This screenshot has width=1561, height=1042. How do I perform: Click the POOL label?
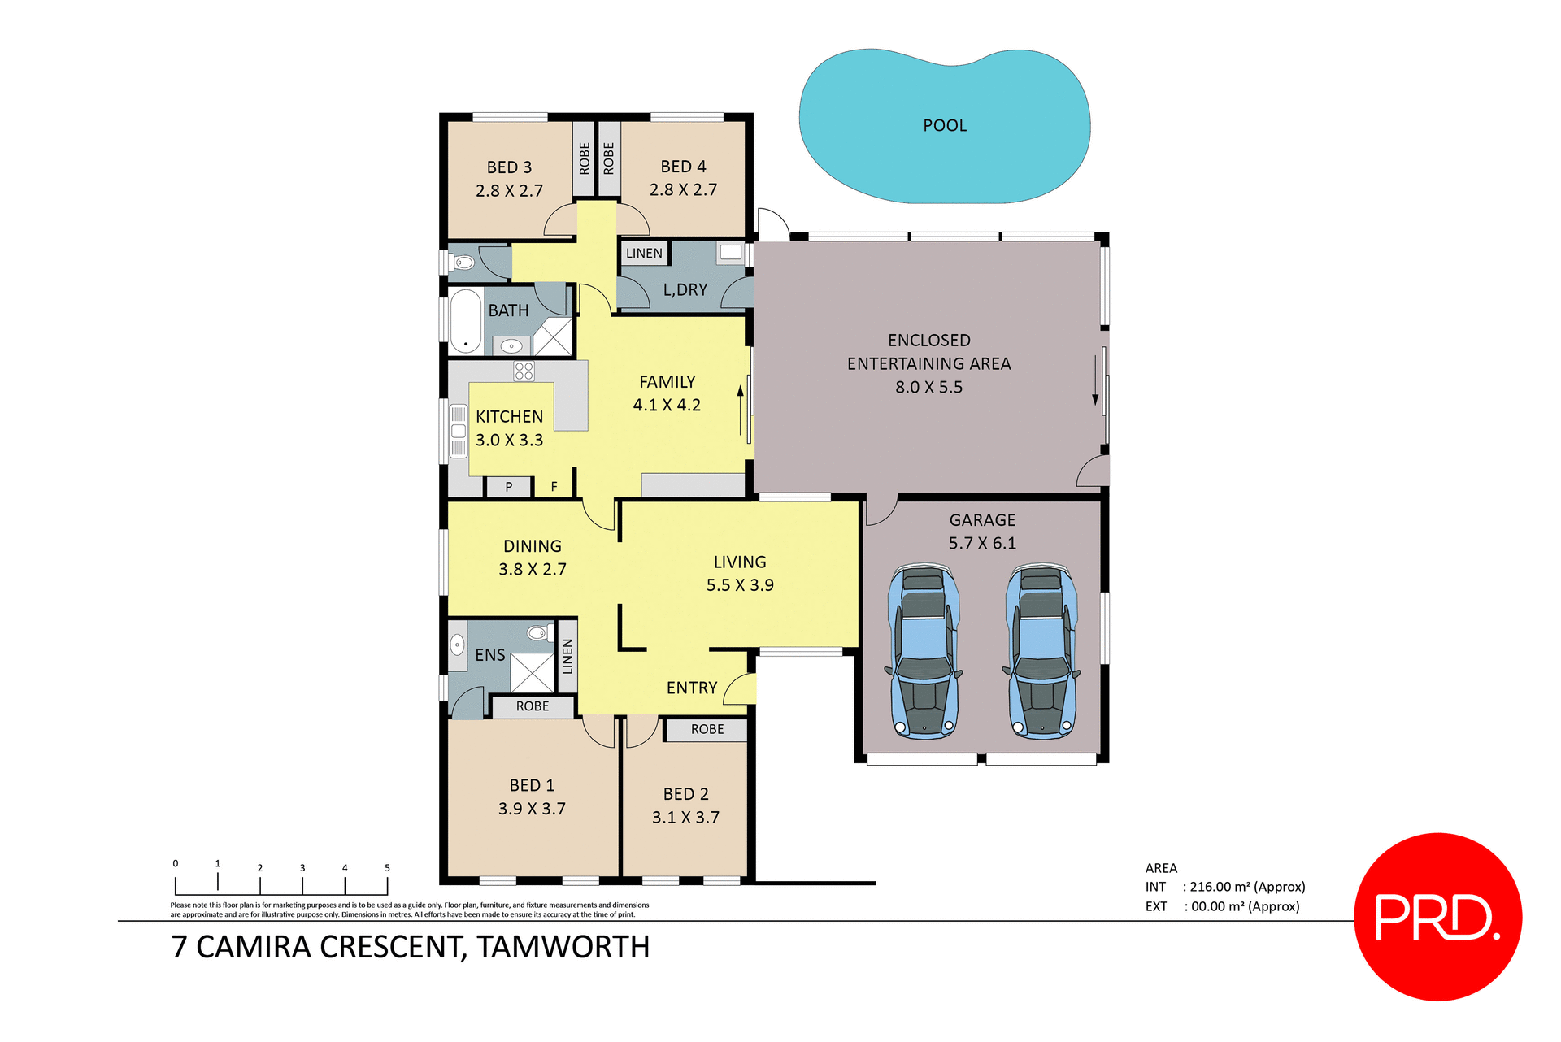point(945,125)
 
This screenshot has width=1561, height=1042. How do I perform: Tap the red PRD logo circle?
point(1437,916)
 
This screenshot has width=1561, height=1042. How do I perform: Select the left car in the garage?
point(924,651)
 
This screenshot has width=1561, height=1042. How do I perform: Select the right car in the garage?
point(1041,651)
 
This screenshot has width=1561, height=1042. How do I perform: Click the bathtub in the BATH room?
point(466,320)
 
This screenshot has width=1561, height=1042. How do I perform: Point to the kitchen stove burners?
point(524,371)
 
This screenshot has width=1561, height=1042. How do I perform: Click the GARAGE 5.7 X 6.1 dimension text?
point(982,543)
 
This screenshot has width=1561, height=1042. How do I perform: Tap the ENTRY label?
point(692,688)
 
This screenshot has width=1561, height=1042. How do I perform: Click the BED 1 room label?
point(532,785)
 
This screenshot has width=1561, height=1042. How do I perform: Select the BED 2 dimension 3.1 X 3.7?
point(685,817)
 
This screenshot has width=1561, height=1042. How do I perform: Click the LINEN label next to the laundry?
point(644,254)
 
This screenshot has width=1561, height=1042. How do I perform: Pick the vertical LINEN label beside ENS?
point(567,656)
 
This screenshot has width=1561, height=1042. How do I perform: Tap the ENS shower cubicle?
point(532,673)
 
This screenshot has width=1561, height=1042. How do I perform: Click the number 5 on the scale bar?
point(387,867)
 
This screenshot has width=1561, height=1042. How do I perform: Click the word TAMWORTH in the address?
point(563,947)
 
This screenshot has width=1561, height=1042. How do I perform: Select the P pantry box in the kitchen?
point(509,487)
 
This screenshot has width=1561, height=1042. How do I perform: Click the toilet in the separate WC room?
point(463,263)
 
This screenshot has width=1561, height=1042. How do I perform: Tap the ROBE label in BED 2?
point(707,729)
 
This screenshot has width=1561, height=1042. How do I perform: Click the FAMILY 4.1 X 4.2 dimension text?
point(667,405)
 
